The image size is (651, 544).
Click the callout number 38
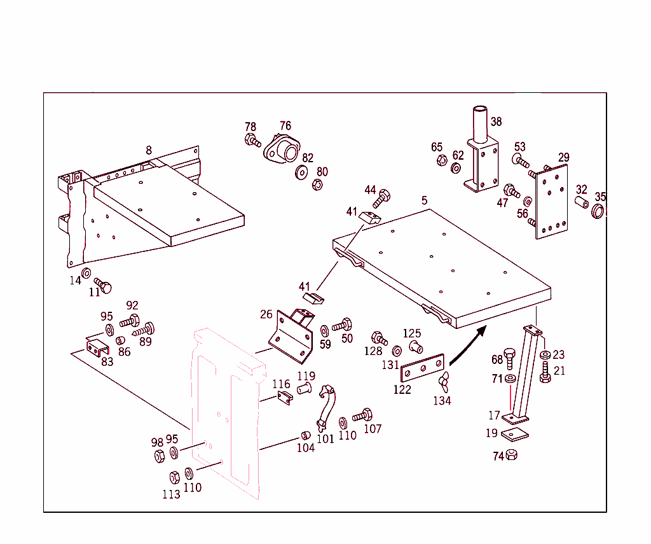(496, 122)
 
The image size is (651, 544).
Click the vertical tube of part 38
(479, 124)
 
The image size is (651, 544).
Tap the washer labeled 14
(86, 274)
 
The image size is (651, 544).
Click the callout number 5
(424, 200)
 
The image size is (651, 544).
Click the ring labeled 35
(598, 211)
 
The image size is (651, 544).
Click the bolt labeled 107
(362, 415)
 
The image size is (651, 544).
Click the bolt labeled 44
(381, 199)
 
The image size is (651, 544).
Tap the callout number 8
(149, 150)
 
